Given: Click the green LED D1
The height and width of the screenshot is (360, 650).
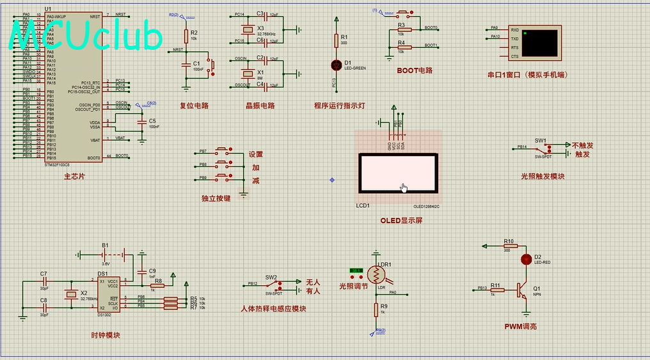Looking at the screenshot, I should point(336,65).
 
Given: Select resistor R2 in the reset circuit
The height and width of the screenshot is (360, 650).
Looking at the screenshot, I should point(186,36).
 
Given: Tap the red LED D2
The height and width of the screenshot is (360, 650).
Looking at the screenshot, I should point(526,259).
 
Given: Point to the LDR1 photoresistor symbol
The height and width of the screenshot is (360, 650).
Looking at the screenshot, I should point(376,276).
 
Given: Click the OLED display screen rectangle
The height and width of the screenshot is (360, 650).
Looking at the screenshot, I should point(398,174).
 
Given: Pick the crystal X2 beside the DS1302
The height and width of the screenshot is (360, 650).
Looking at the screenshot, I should point(71,294).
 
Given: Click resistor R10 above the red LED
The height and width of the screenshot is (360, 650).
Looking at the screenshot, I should point(509,246).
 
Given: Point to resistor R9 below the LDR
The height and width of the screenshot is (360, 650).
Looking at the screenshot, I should point(376,310).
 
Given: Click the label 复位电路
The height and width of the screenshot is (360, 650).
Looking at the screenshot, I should point(194,106).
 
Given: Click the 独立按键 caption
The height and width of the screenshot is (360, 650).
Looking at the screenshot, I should point(216,198).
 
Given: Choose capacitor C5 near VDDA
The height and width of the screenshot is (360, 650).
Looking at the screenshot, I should point(141,121).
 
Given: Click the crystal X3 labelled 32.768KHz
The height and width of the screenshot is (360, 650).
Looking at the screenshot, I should point(246,29).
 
